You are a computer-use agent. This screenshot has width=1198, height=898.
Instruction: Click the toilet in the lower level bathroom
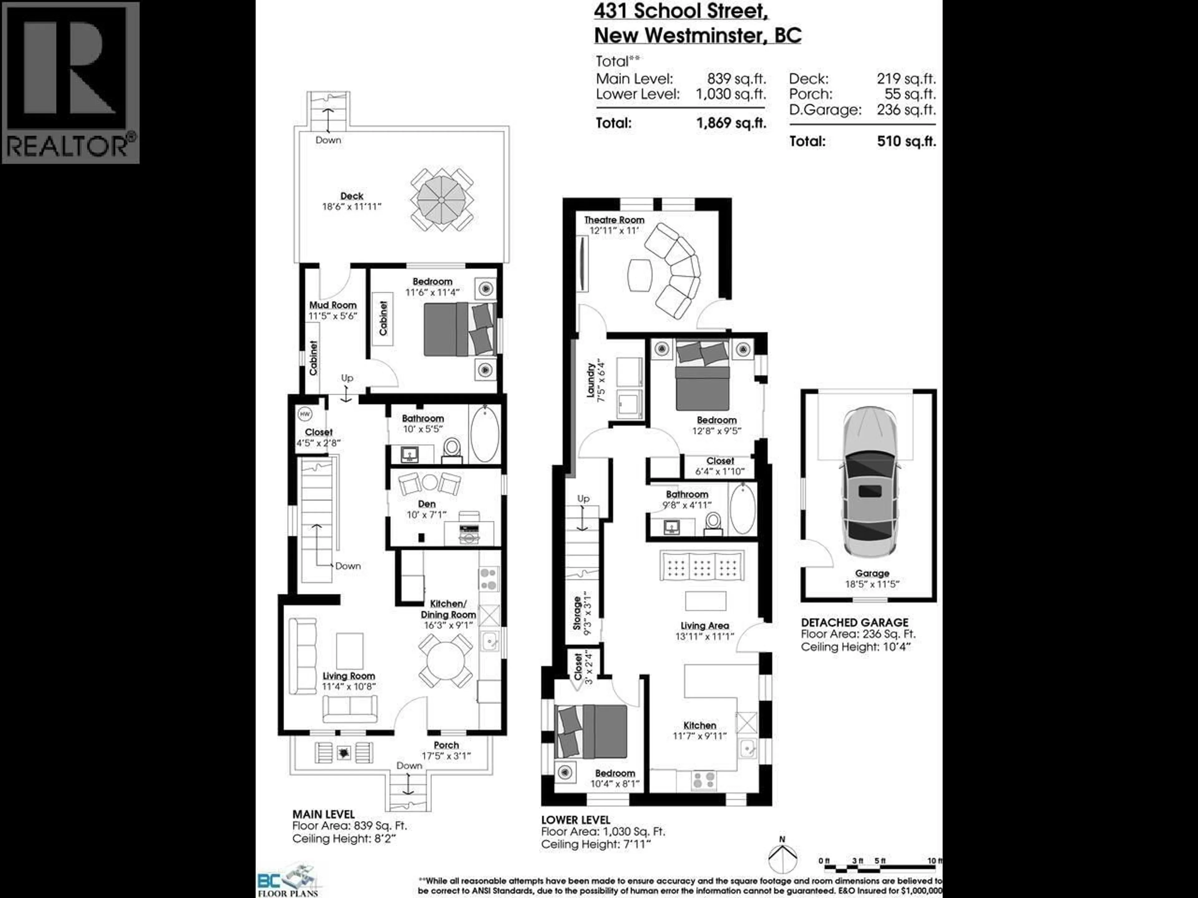(713, 522)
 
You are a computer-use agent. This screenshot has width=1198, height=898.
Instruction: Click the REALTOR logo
(71, 82)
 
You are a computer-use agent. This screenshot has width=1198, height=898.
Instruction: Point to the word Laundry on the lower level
(591, 380)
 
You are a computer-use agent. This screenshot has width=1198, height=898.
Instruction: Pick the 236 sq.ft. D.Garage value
(906, 109)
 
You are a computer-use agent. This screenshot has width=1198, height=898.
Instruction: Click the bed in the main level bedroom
(459, 329)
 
